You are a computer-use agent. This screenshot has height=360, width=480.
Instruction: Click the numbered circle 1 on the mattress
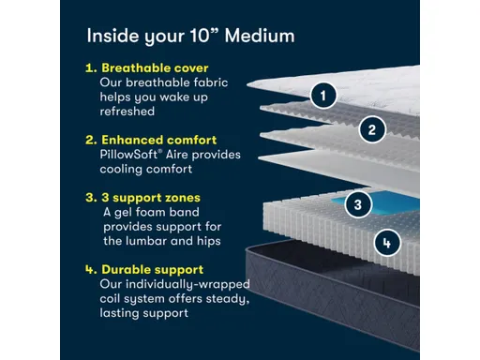coord(323,95)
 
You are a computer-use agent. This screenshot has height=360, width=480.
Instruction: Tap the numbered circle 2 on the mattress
coord(372,129)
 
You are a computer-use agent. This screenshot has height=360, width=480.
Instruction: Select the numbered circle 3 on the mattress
coord(354,203)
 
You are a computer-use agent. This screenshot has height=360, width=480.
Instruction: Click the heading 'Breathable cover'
coord(154,68)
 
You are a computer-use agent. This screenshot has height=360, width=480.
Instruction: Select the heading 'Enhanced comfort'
coord(157,140)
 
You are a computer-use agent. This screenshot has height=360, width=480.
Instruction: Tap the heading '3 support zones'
coord(149,198)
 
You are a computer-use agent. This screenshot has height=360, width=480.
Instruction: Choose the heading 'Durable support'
coord(151,270)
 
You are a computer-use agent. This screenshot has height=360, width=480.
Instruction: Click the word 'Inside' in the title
coord(112,36)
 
